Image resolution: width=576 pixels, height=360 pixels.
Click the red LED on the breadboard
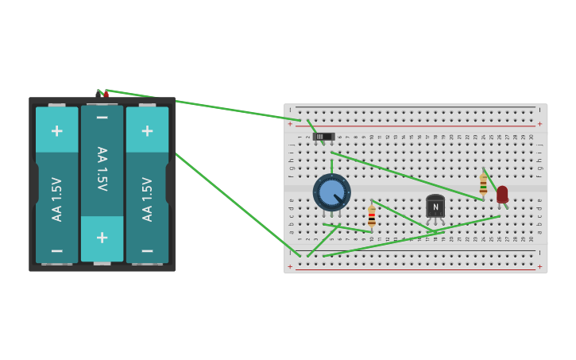[502, 194]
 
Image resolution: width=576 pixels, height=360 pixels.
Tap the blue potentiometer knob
[331, 192]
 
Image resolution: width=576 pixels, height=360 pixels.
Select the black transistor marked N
[435, 207]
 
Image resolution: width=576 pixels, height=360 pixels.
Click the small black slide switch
[323, 137]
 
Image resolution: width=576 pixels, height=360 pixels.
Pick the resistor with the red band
[372, 216]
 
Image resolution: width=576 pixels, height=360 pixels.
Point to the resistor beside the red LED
[483, 185]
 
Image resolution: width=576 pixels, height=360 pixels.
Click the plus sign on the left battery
[56, 130]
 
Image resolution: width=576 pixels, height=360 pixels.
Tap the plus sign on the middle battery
[102, 238]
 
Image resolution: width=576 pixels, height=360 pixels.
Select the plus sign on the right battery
[147, 130]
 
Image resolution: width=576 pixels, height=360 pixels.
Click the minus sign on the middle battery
[102, 118]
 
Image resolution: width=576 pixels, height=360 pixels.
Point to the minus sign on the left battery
[56, 250]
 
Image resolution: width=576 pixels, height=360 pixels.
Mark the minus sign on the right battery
[147, 250]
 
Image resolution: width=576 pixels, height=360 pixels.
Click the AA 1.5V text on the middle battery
[102, 168]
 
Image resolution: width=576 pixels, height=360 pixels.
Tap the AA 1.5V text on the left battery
[56, 199]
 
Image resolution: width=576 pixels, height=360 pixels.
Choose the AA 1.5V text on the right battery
[147, 199]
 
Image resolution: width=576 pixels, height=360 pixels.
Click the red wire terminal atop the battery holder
[106, 94]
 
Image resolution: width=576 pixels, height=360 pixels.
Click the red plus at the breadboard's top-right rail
[539, 124]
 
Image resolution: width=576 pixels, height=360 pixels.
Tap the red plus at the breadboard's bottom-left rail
[290, 267]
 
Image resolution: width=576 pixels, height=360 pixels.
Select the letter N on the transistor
[435, 207]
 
